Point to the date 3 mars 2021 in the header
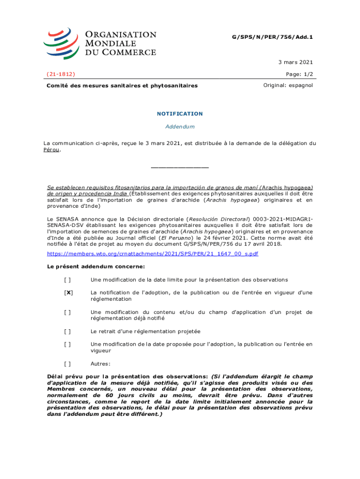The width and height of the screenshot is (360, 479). (x=295, y=62)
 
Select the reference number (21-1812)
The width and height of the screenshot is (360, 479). (x=61, y=74)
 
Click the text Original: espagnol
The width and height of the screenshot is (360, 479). (x=288, y=86)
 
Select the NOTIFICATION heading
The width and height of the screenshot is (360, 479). (x=180, y=114)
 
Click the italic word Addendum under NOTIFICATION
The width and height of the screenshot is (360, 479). (x=180, y=127)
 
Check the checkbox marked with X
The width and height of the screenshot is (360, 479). (x=68, y=293)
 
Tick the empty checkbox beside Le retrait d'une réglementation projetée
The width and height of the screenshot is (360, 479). (x=68, y=331)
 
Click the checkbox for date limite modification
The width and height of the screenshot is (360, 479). (x=68, y=280)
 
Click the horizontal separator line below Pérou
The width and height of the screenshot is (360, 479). (x=180, y=167)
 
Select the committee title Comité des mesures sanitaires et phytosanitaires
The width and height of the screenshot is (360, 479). (x=122, y=86)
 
